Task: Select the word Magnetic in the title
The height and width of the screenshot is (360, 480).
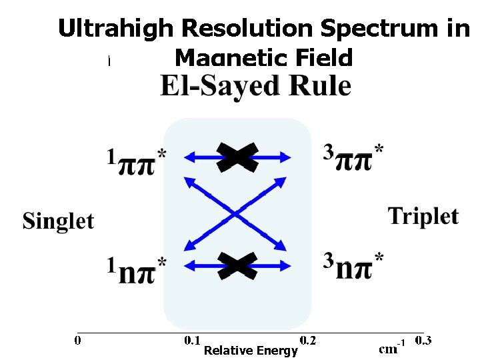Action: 223,59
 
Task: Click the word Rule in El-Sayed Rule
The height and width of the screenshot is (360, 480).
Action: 321,86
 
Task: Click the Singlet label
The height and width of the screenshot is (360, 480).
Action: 59,221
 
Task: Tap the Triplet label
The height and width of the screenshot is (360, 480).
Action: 423,216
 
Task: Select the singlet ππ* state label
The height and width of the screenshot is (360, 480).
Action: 136,161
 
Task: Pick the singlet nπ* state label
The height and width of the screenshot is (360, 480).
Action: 136,269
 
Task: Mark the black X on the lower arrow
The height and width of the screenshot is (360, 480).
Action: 237,265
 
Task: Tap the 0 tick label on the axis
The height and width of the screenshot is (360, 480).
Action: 78,341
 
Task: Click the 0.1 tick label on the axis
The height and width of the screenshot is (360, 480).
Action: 192,341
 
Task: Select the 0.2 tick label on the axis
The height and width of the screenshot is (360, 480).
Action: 308,341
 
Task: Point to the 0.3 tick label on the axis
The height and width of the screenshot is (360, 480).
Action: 423,341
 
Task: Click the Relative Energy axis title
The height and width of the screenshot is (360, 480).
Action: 251,351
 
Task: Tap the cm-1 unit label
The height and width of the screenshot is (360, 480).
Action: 392,347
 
